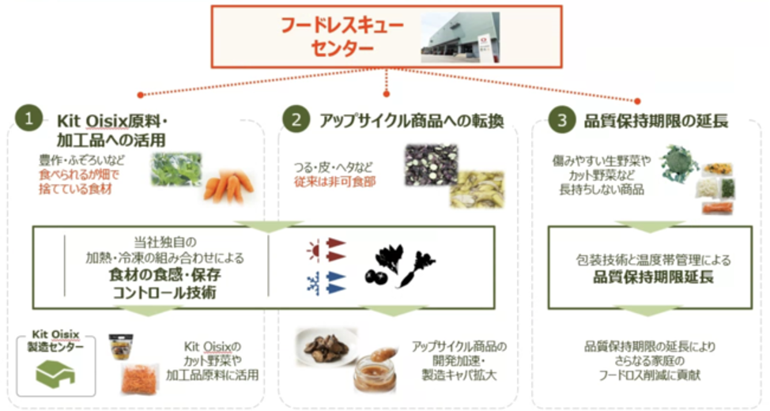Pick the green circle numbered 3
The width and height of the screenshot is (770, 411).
[561, 120]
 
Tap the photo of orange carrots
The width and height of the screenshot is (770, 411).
[228, 187]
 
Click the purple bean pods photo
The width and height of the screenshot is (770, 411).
[431, 164]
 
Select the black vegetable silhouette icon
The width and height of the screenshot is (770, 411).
[399, 267]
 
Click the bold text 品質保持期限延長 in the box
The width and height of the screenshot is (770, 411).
[654, 277]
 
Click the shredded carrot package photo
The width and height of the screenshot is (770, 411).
[140, 377]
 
